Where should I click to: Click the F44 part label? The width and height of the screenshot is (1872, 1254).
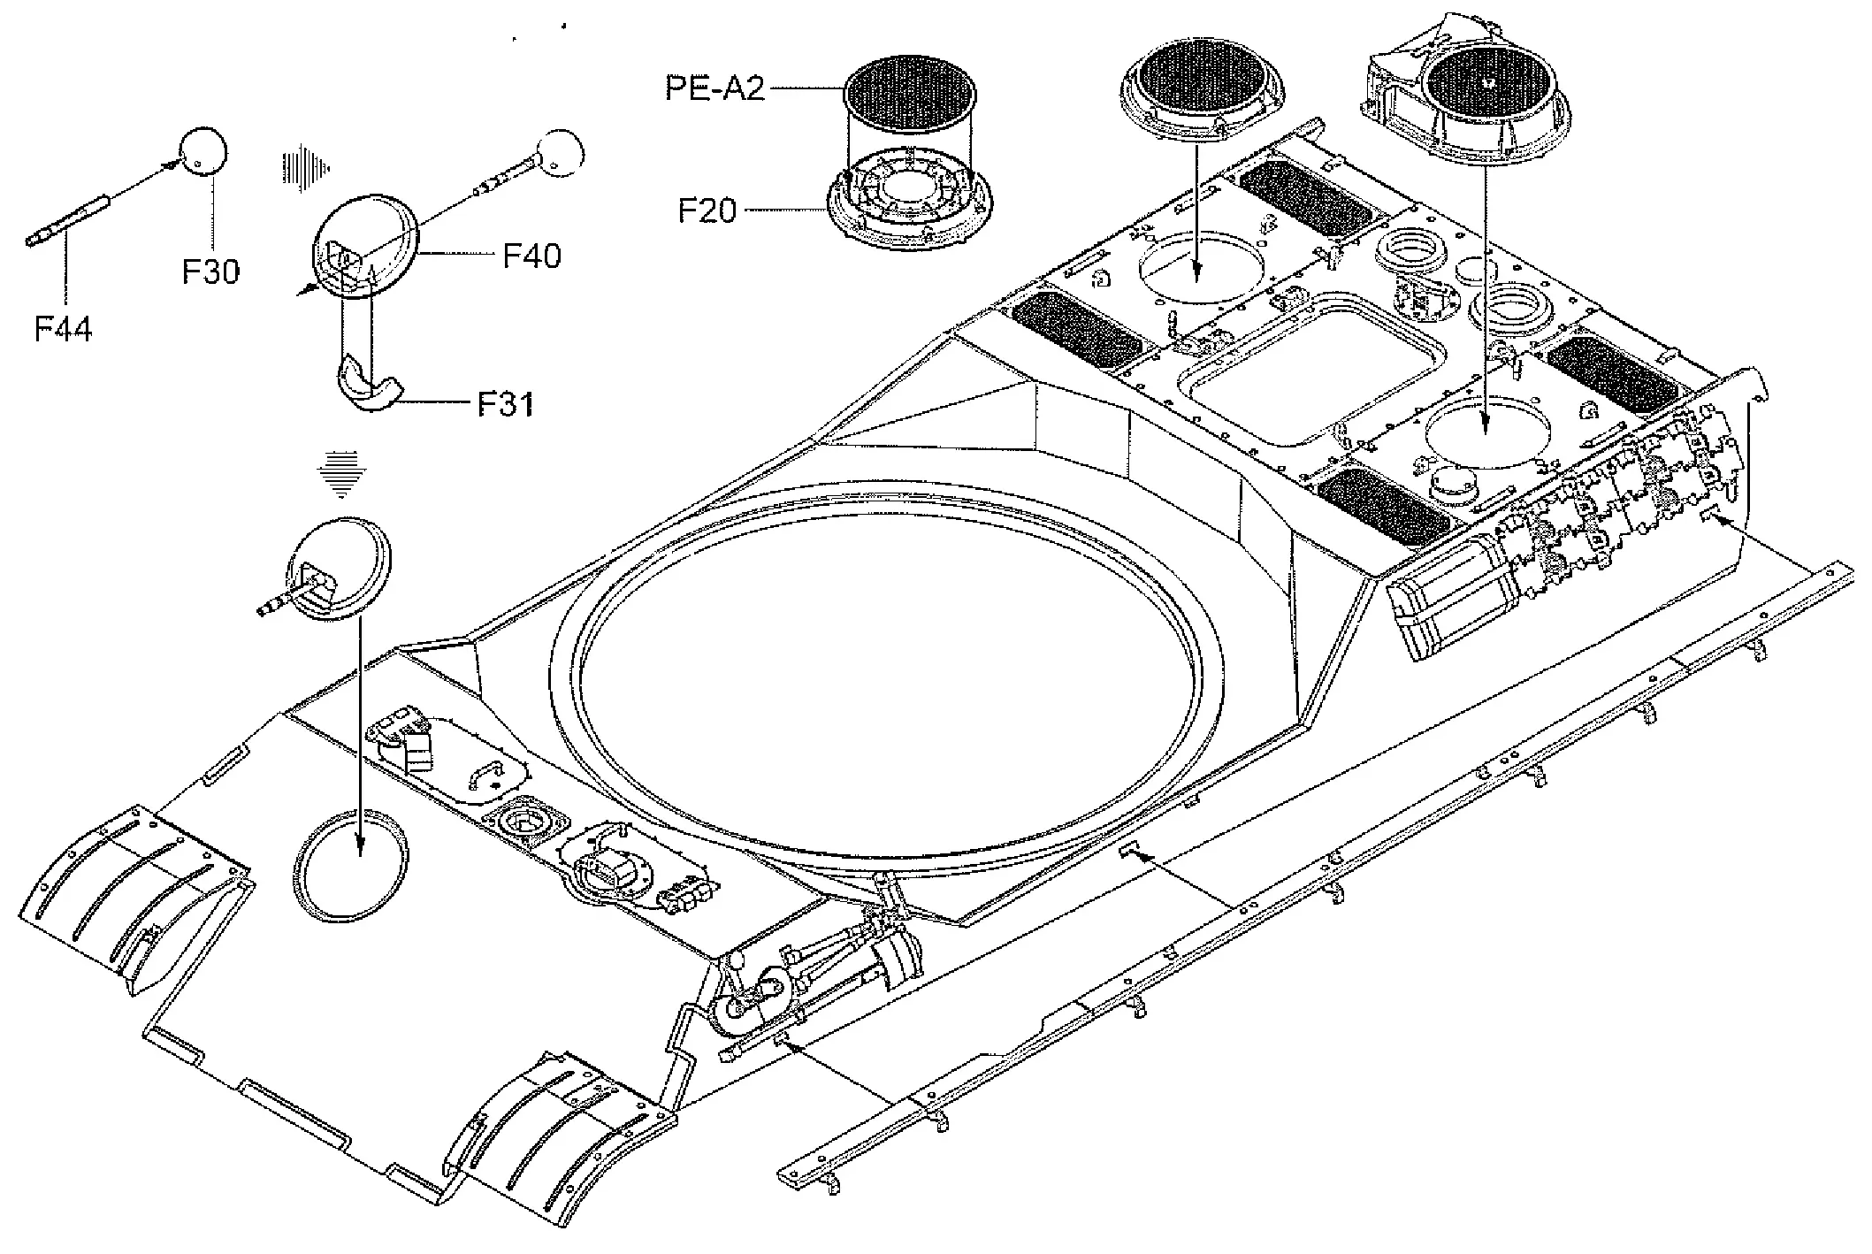pos(63,330)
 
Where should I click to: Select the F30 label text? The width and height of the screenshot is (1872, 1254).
pos(210,271)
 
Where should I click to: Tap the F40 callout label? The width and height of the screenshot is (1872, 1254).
pos(532,256)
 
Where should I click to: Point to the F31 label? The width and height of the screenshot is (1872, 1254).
pos(506,404)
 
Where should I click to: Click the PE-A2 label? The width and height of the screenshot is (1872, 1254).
pos(715,88)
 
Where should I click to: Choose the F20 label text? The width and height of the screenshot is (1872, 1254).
pos(707,211)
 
